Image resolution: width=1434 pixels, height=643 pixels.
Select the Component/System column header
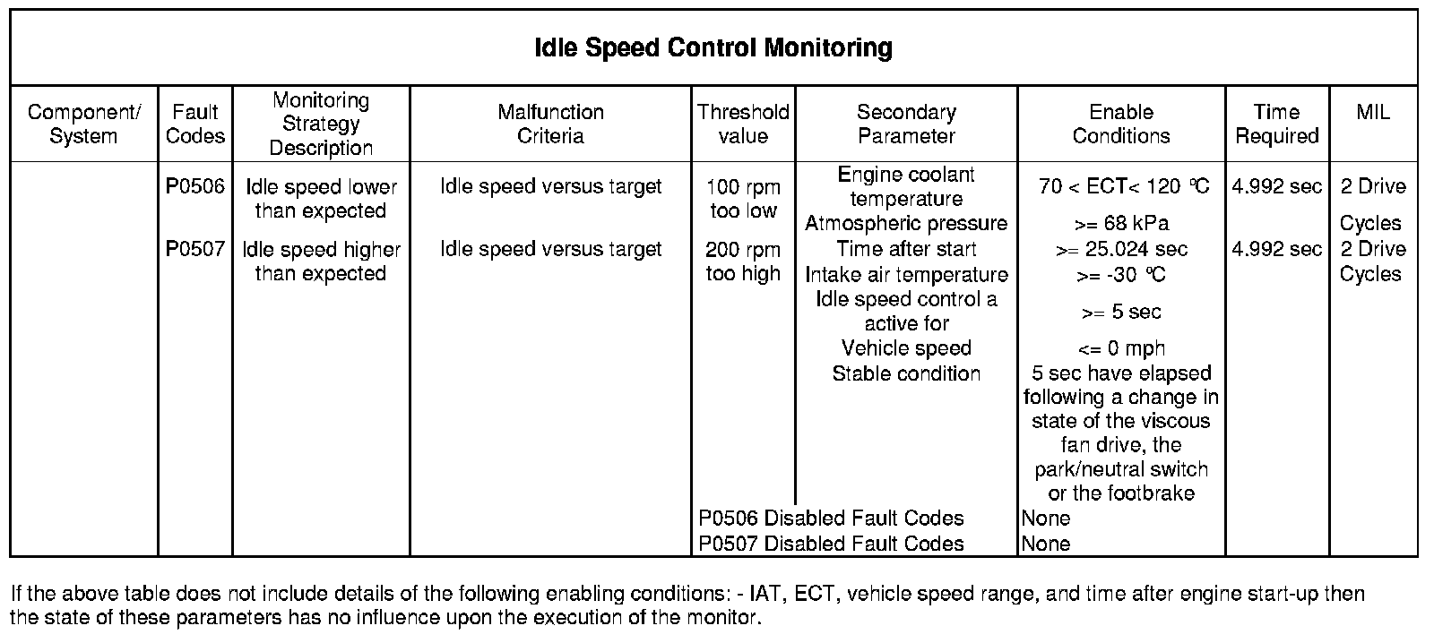(x=83, y=124)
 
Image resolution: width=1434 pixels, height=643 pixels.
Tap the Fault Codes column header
(x=195, y=124)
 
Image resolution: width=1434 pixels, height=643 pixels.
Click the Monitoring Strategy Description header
(x=321, y=124)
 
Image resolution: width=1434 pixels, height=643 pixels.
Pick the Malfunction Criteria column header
(x=550, y=124)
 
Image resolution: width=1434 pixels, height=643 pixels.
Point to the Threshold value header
(x=743, y=124)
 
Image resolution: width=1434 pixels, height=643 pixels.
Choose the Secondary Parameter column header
(x=906, y=124)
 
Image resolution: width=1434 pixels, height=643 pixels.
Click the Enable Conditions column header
(x=1121, y=124)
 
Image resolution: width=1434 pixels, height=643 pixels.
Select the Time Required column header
(x=1276, y=124)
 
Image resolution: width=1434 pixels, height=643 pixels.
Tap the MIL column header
(x=1373, y=112)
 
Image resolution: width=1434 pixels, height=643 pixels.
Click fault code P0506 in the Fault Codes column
(x=195, y=186)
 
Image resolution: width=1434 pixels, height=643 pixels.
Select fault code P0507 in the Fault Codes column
(x=195, y=249)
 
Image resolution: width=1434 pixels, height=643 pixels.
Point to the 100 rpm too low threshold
(x=743, y=199)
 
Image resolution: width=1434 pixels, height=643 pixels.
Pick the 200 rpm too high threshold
(x=743, y=261)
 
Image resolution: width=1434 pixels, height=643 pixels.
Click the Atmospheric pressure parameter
(x=906, y=223)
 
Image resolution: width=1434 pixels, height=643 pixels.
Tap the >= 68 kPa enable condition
(x=1121, y=224)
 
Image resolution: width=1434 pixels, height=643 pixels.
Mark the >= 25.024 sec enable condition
(x=1121, y=249)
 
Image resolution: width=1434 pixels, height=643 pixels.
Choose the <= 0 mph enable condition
(x=1121, y=348)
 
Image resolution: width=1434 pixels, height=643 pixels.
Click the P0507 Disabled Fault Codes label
(x=831, y=544)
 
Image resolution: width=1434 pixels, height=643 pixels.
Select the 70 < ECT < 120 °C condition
(x=1124, y=186)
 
